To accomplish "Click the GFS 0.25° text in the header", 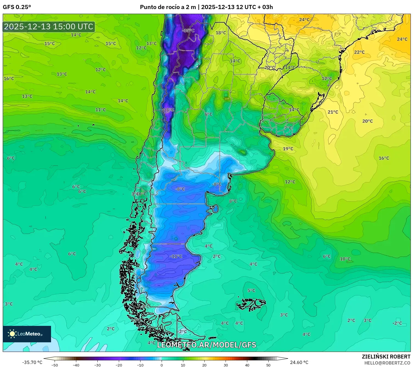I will (17, 7).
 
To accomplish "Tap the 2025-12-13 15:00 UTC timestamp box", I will (49, 27).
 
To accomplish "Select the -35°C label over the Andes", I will (188, 30).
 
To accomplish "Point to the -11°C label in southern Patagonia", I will (176, 256).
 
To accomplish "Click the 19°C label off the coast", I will (288, 149).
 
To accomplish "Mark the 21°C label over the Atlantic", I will (333, 112).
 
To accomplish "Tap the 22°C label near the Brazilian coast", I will (359, 52).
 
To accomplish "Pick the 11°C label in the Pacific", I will (100, 110).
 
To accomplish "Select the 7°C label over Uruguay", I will (288, 128).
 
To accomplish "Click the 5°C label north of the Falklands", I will (251, 290).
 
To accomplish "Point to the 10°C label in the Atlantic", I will (345, 259).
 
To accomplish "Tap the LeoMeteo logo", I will (27, 334).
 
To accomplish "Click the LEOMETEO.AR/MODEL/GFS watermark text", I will (206, 345).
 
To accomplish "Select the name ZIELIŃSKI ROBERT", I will (386, 357).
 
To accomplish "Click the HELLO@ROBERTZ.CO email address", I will (387, 363).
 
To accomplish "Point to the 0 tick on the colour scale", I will (162, 365).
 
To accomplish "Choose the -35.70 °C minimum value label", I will (32, 362).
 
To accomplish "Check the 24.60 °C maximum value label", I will (299, 362).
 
